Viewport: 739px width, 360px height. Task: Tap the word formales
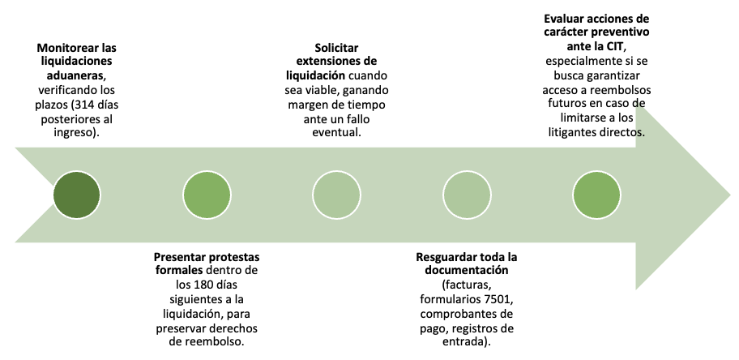coord(179,272)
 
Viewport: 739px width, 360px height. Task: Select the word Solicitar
coord(336,47)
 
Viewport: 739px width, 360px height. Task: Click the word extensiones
coord(327,62)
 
